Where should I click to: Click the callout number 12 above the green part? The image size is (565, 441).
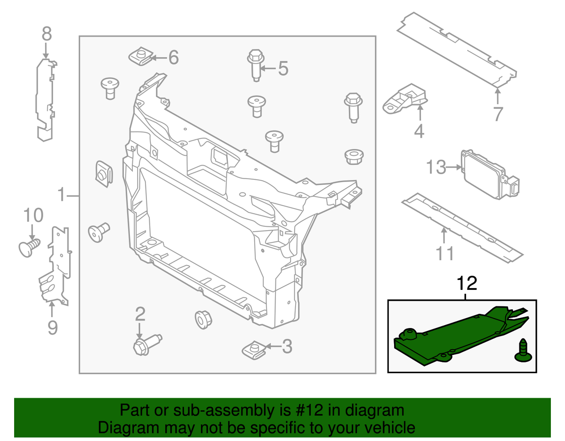click(466, 283)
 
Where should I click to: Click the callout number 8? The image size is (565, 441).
click(46, 34)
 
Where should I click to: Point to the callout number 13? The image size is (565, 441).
click(436, 167)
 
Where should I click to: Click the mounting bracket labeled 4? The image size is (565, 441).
click(405, 97)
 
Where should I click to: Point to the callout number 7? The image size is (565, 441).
click(498, 113)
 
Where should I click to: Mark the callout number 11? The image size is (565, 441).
click(444, 253)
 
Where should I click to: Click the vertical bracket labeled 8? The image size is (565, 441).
click(45, 99)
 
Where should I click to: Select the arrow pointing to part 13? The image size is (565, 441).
click(454, 167)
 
